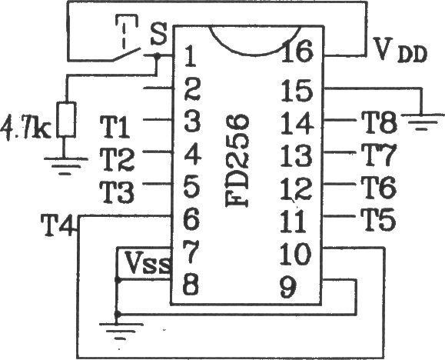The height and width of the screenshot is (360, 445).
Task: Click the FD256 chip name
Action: coord(237,161)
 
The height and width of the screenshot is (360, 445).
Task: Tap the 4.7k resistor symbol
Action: coord(66,120)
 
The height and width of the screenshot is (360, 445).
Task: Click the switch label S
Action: coord(158,34)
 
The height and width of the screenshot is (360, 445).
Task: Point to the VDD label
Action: coord(400,50)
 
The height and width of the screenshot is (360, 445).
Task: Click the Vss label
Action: coord(148,262)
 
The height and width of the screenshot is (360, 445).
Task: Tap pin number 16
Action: coord(298,51)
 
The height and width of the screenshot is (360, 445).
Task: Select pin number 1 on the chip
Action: coord(190,57)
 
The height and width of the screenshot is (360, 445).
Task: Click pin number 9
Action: coord(287,287)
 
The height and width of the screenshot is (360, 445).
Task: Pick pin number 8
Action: coord(191,284)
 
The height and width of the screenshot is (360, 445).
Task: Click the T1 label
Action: coord(115,127)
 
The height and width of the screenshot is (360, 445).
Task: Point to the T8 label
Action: coord(379,122)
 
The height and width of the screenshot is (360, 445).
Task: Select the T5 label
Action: coord(378,220)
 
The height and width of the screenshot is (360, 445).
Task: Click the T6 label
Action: coord(379,187)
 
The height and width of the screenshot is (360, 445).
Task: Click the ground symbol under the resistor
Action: coord(66,165)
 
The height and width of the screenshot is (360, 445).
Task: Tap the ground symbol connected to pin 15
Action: coord(422,122)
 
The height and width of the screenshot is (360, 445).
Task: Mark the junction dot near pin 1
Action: coord(157,56)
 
